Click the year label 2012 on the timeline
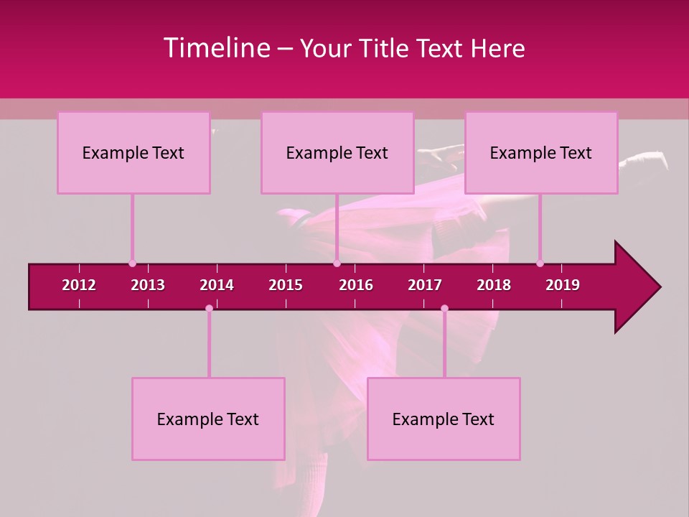[79, 285]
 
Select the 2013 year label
[148, 285]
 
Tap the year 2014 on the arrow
[217, 285]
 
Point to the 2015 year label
[286, 285]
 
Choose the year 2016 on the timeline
[356, 285]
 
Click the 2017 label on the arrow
[425, 285]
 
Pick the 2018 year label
[494, 285]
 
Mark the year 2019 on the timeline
[563, 285]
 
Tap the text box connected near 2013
[133, 153]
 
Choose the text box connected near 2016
[337, 153]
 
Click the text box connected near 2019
[541, 153]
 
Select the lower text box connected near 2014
[208, 419]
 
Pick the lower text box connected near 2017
[444, 419]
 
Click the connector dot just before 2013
[132, 264]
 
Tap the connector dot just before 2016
[337, 264]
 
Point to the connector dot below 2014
[209, 309]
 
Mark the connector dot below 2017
[444, 309]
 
